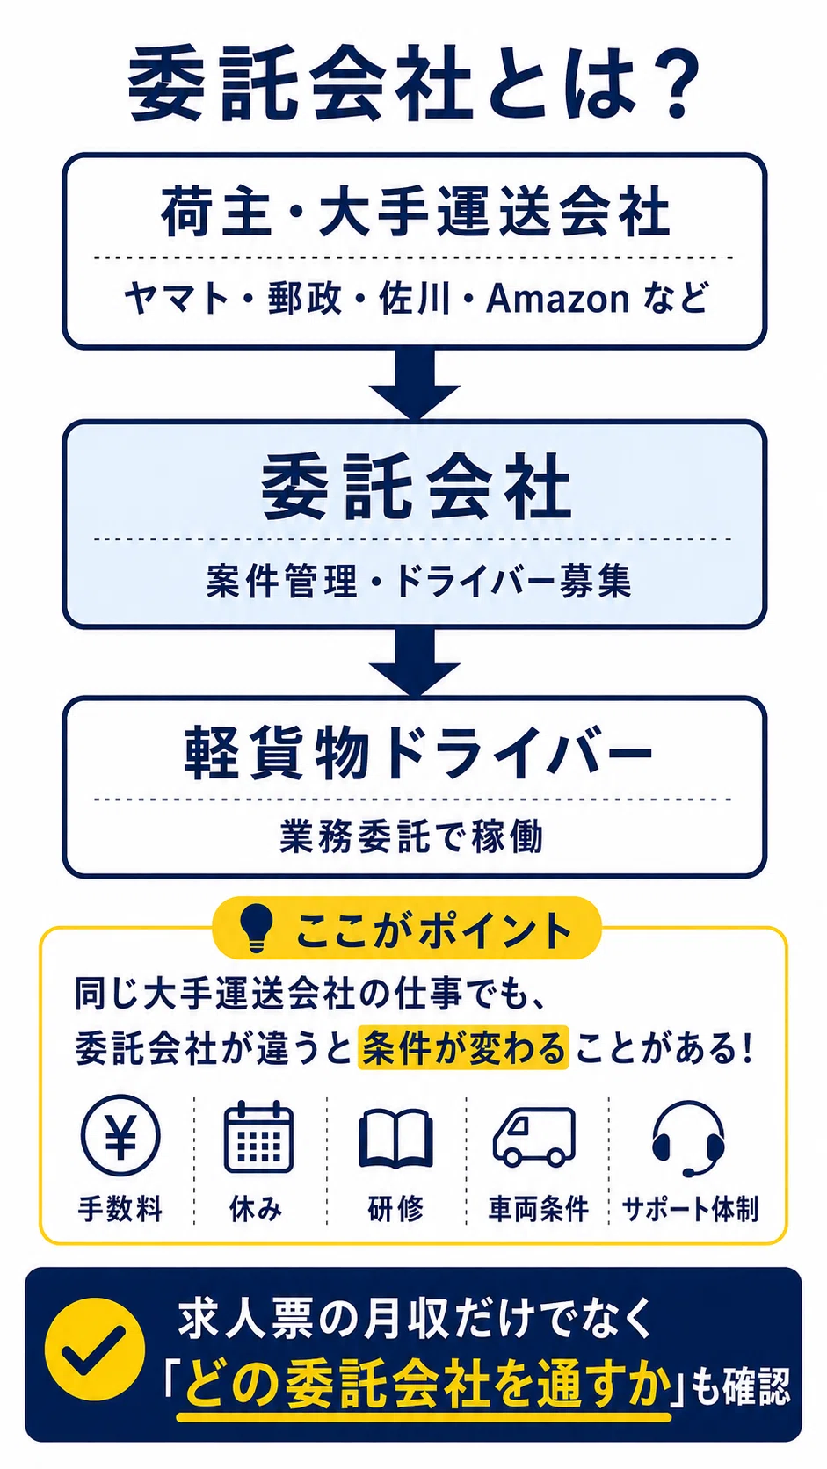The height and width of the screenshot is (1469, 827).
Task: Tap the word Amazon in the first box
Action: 557,299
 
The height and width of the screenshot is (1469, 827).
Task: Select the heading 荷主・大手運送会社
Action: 415,211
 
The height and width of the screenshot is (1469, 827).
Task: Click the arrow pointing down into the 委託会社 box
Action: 414,383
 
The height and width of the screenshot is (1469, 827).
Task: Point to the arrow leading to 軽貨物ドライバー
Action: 414,661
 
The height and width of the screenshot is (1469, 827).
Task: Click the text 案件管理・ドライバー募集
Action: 418,581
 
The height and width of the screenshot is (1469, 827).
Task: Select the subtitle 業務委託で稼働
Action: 412,836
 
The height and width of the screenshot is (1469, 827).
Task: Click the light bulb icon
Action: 255,928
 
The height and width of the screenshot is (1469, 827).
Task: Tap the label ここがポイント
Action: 434,930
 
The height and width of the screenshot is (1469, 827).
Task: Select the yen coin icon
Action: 120,1134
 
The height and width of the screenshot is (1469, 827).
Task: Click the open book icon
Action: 396,1139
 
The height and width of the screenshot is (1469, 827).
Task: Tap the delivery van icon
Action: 534,1137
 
